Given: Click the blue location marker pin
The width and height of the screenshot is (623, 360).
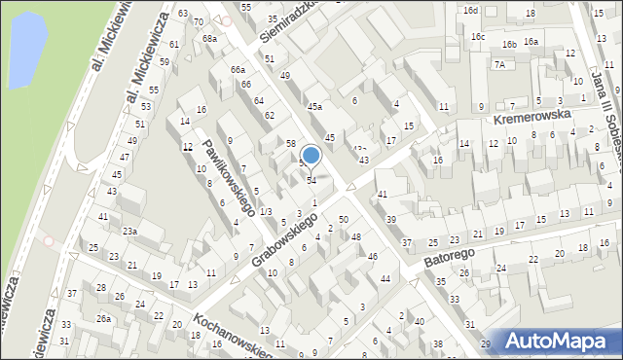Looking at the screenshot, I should click(x=311, y=155).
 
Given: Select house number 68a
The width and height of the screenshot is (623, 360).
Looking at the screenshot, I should click(x=209, y=39).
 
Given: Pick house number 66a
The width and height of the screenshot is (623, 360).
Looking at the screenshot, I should click(x=238, y=70).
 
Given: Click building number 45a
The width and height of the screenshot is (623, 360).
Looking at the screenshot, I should click(x=314, y=107).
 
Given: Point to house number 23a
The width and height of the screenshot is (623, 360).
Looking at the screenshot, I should click(x=129, y=231).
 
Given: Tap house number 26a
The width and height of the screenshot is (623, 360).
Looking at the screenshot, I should click(x=103, y=319).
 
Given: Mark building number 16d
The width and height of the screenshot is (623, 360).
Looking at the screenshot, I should click(x=471, y=10).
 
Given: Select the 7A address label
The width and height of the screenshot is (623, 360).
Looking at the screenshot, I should click(x=499, y=64).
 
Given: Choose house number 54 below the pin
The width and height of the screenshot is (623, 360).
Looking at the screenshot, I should click(x=311, y=180).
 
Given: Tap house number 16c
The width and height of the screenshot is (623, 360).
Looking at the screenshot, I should click(x=478, y=36).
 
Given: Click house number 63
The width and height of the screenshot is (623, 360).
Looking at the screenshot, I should click(x=184, y=14).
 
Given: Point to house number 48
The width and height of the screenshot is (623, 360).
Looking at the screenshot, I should click(x=356, y=237).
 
